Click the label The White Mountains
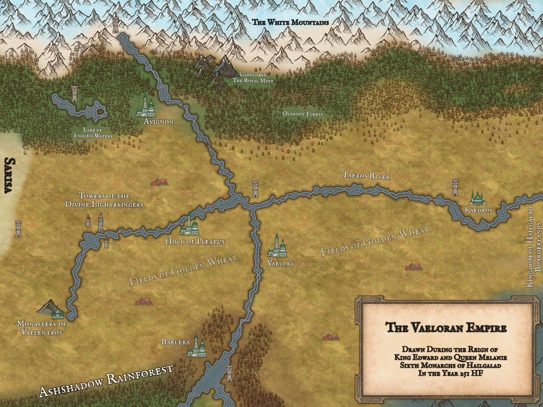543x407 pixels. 290,22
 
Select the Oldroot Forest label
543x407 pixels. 299,114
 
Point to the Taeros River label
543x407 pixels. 366,175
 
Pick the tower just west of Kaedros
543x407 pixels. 455,187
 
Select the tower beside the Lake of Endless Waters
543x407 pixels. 74,93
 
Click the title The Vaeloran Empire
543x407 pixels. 445,328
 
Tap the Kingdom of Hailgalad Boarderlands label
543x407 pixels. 533,247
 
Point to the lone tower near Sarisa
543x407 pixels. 19,228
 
